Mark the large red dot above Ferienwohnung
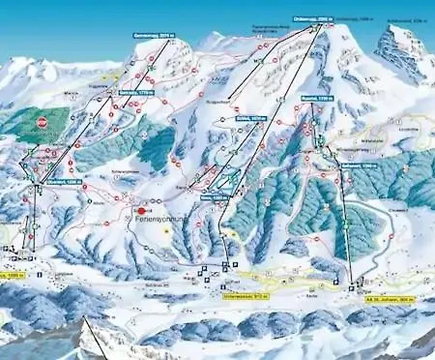(x=143, y=209)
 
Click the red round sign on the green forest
(x=42, y=123)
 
